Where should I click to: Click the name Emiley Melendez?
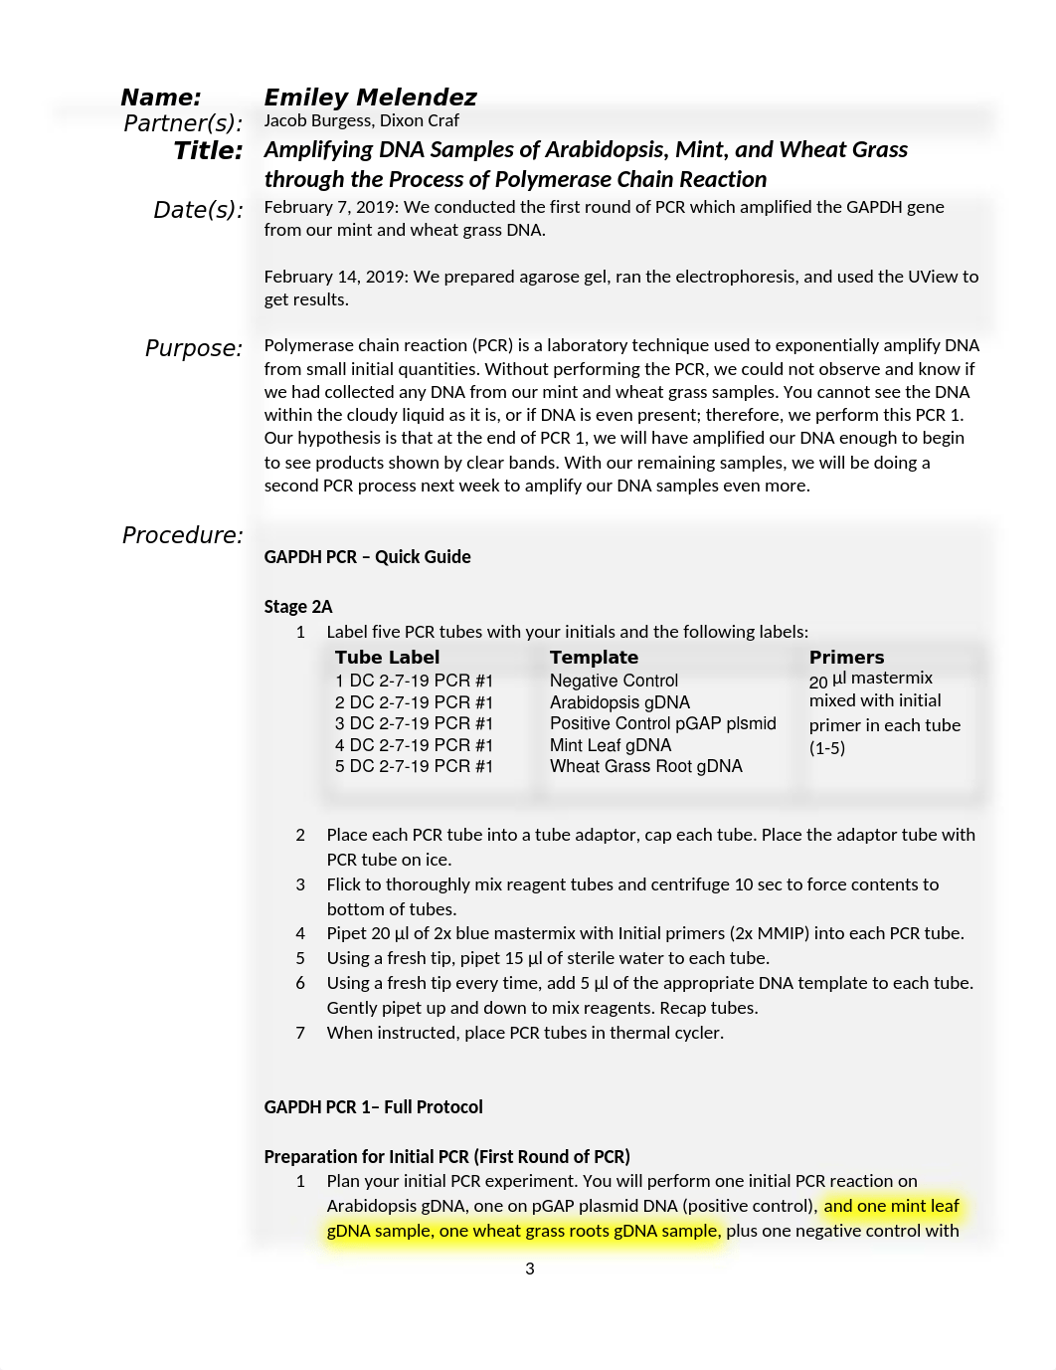coord(370,98)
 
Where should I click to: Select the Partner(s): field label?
coord(183,123)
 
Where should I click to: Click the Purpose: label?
coord(194,348)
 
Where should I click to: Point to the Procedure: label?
coord(182,535)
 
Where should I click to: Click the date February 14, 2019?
coord(335,277)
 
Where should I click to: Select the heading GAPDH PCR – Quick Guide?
coord(367,557)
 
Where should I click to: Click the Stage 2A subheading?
coord(298,607)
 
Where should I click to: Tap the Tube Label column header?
coord(387,658)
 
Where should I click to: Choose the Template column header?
coord(594,658)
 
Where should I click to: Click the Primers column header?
coord(846,658)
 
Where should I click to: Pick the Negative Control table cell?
coord(614,681)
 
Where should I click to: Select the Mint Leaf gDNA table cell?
coord(611,745)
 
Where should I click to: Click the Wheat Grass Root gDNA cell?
coord(646,766)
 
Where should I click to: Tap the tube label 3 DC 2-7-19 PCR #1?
coord(414,723)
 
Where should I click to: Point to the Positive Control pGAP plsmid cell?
coord(662,723)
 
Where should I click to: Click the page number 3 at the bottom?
coord(530,1269)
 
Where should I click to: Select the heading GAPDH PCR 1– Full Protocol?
coord(373,1107)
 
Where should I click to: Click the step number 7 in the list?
coord(300,1033)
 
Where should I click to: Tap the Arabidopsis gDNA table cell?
coord(619,702)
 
